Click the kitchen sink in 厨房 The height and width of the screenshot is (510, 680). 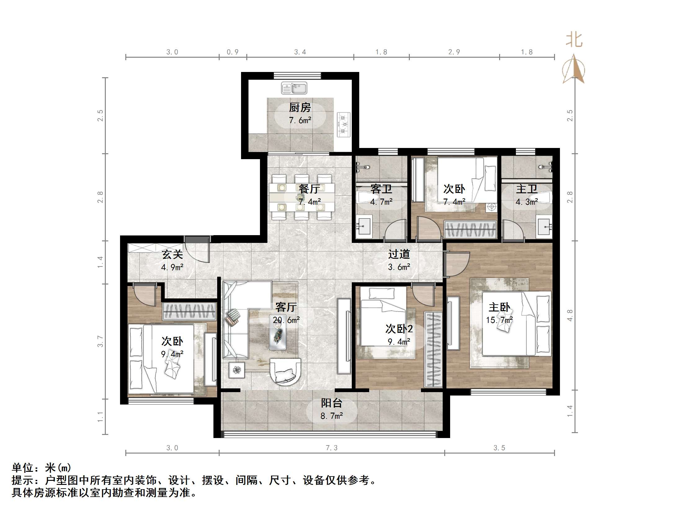[294, 88]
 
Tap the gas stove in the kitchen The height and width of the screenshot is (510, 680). [343, 125]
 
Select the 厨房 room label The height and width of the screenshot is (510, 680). [300, 108]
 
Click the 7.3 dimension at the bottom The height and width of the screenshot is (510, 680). [331, 448]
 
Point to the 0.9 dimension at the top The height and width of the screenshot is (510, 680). [232, 52]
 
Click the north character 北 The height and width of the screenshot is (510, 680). [574, 40]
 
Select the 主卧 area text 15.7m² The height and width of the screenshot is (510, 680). [499, 320]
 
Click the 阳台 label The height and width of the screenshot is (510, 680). [331, 403]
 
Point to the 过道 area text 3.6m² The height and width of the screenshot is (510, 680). [399, 267]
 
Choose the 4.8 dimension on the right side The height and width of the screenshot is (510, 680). [570, 315]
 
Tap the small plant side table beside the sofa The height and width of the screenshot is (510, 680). [237, 370]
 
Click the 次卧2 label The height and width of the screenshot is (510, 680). [399, 329]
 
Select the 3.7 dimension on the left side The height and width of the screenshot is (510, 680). [100, 341]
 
